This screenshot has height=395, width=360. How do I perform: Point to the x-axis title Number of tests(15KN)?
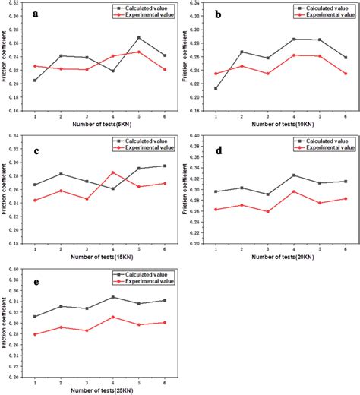[x=106, y=254]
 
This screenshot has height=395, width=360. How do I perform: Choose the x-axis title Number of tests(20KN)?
[x=283, y=254]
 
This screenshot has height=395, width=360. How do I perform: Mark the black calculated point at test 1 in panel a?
[x=35, y=80]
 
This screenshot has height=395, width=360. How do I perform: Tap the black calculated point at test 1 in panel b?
[x=217, y=88]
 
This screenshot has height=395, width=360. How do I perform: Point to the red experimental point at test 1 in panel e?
[x=35, y=334]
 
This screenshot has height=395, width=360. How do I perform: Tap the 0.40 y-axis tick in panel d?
[x=200, y=136]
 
